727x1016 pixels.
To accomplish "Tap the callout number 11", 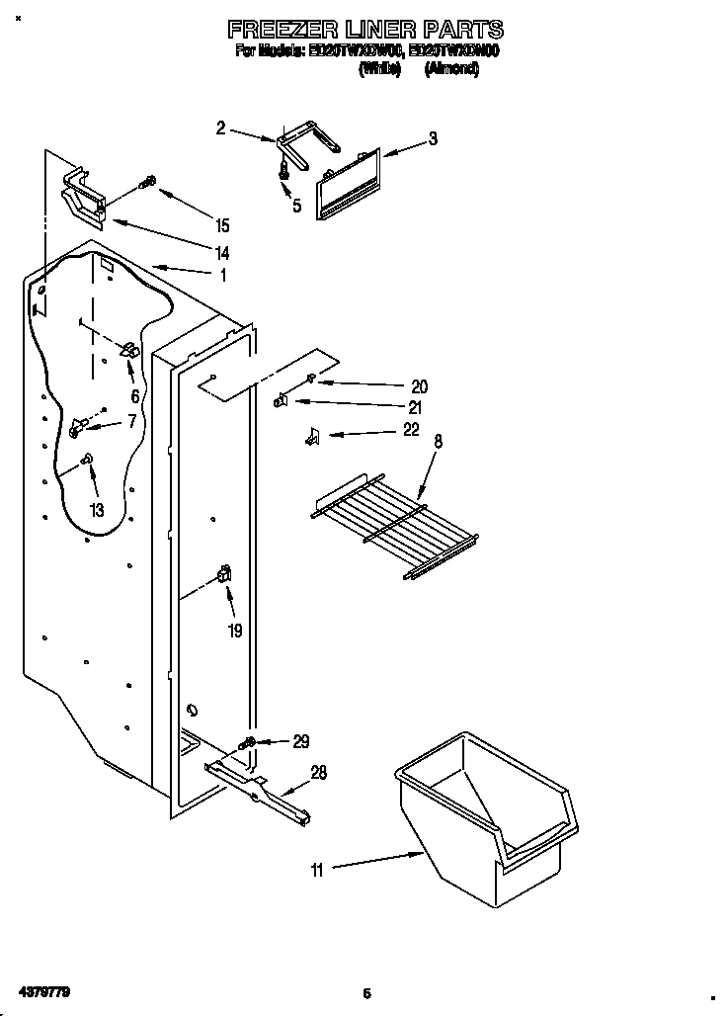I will point(316,870).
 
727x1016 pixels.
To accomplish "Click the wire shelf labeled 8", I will point(395,524).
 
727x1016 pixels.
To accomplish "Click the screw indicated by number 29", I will point(248,741).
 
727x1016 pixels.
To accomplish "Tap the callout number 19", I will point(234,630).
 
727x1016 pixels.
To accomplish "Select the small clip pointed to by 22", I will point(311,435).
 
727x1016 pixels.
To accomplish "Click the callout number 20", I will point(419,386).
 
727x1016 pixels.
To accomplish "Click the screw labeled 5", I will point(284,171).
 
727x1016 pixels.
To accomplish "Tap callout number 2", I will point(220,127).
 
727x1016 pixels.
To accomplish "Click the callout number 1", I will point(224,275).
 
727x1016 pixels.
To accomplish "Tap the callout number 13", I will point(96,510).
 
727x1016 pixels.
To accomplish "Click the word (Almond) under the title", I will point(451,69).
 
